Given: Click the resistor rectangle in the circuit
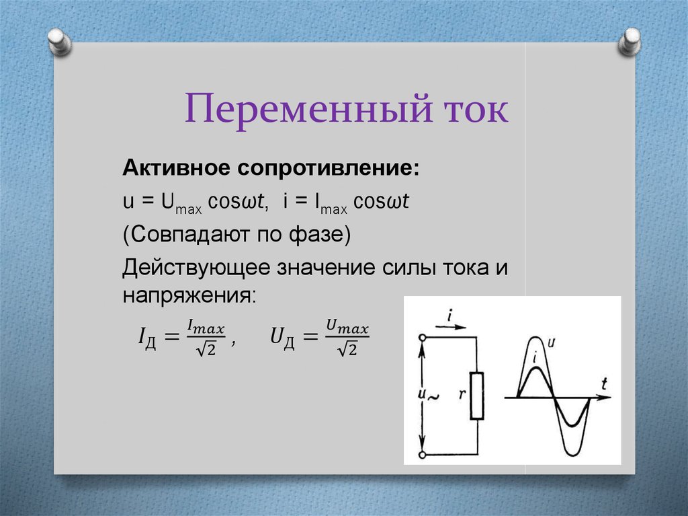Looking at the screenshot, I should (477, 396).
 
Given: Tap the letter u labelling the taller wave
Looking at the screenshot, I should (552, 342).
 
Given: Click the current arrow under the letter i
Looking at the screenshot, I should (450, 327).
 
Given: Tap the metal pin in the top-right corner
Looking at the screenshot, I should (630, 42).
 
